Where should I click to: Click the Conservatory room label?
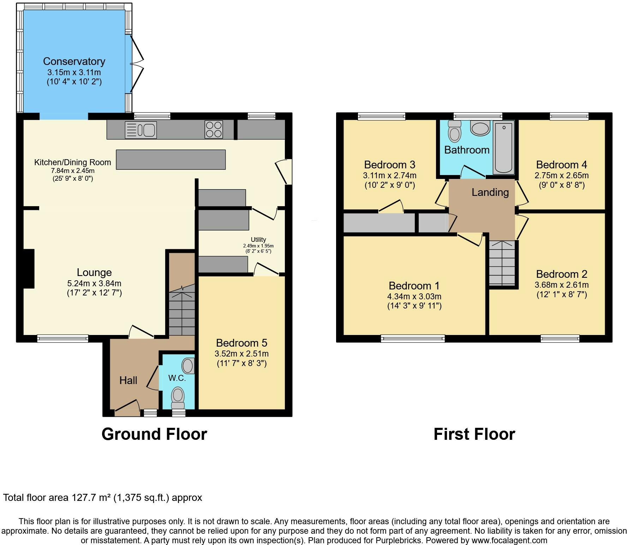[74, 61]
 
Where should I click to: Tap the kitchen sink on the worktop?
[141, 130]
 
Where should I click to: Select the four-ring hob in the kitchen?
[214, 130]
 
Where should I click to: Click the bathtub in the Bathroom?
[504, 148]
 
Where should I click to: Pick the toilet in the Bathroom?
[454, 131]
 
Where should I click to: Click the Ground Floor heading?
[154, 434]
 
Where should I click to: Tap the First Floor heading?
[474, 434]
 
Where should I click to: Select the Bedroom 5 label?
[242, 343]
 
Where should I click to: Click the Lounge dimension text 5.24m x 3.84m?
[94, 283]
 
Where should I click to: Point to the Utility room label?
[258, 240]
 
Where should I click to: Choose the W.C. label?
[177, 378]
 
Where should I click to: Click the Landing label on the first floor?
[490, 192]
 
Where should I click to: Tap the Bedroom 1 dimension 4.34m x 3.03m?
[414, 297]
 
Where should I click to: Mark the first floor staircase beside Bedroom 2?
[502, 263]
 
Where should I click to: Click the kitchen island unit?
[171, 160]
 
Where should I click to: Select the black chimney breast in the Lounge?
[29, 269]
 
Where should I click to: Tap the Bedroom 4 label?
[562, 164]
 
